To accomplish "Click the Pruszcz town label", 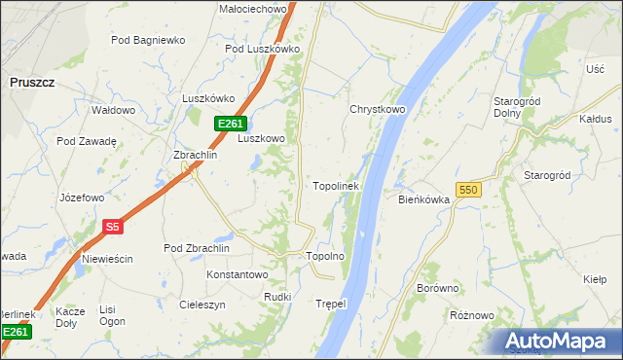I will point(31,84).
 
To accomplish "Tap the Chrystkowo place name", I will point(377,110).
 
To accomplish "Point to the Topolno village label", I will point(326,257).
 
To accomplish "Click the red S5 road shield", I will point(112,227).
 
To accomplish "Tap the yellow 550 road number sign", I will point(467,191).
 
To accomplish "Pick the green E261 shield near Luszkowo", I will point(230,124).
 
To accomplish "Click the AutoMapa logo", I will point(561,341).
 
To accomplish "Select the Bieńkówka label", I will point(423,199).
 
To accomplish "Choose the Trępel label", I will point(331,304).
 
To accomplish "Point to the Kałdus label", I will point(595,119).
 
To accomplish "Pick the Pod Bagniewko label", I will point(148,40).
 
